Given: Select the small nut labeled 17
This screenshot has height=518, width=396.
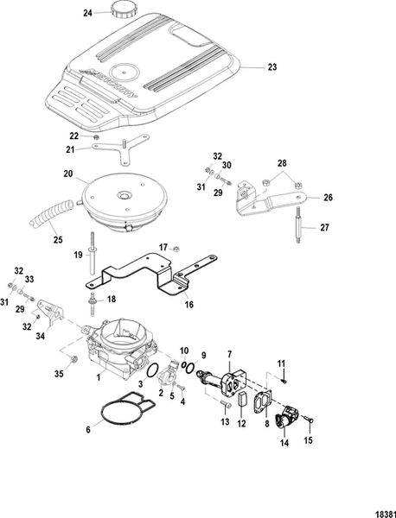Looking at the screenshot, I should (x=176, y=249).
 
